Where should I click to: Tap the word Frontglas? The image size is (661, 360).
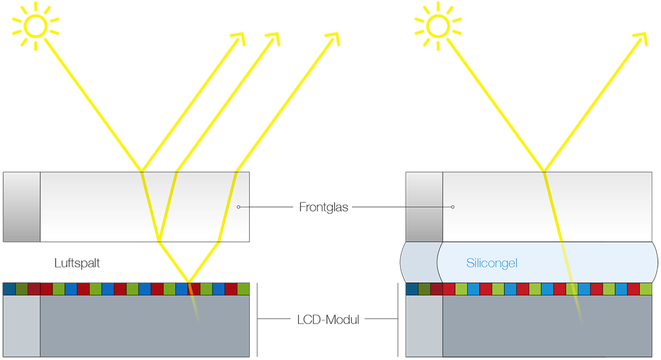click(x=324, y=207)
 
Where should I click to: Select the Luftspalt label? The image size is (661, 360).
click(x=77, y=263)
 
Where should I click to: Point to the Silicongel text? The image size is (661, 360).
click(x=492, y=263)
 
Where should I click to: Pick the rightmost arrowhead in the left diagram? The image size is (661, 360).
click(x=333, y=38)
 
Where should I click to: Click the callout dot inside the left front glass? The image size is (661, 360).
click(x=238, y=207)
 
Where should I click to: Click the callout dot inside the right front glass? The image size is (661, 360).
click(x=453, y=207)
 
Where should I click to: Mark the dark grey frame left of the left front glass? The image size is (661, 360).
click(x=21, y=206)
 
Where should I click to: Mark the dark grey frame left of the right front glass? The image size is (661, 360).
click(x=424, y=206)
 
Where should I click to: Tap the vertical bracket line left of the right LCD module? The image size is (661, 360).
click(x=398, y=319)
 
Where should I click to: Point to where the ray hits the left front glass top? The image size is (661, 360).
click(x=141, y=172)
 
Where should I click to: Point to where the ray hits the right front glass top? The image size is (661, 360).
click(x=544, y=172)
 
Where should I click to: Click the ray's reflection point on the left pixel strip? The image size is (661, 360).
click(x=189, y=283)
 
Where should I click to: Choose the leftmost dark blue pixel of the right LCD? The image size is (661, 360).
click(x=412, y=289)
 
